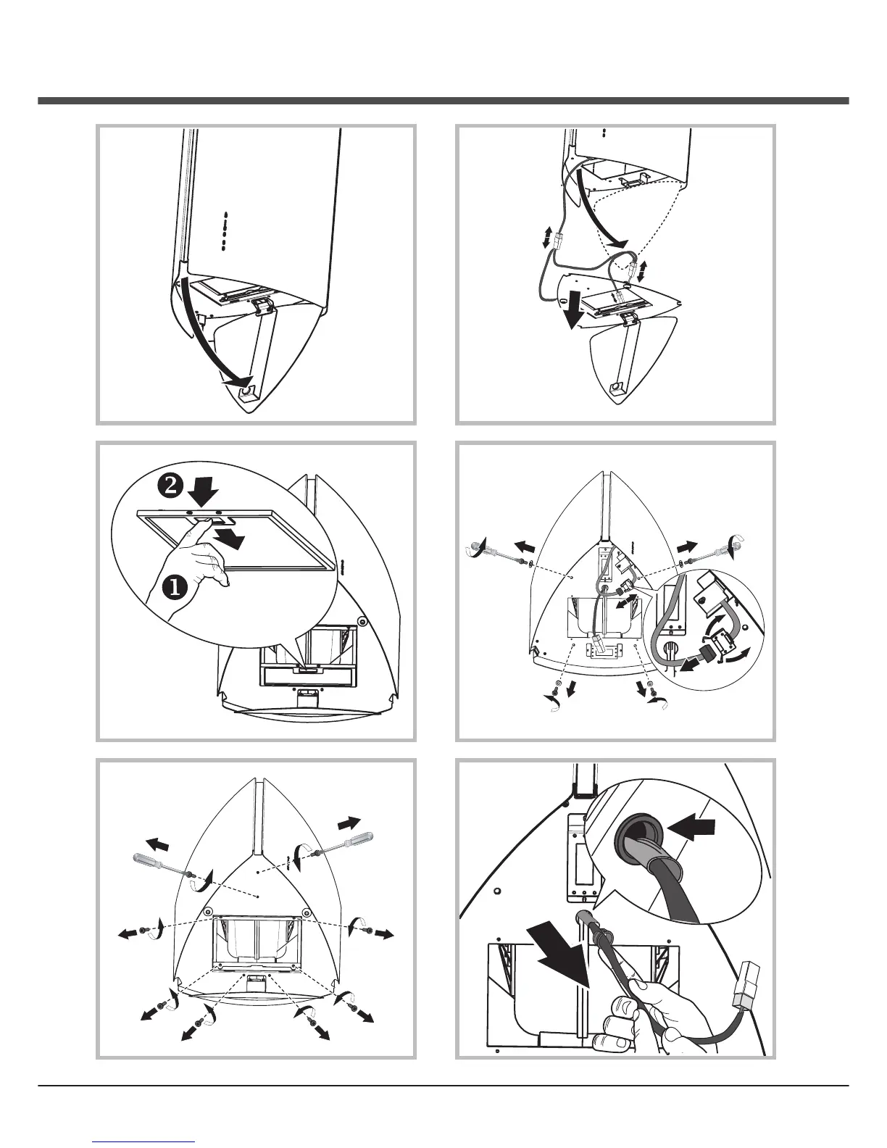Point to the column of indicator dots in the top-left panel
pyautogui.click(x=225, y=231)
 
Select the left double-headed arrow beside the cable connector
pyautogui.click(x=547, y=238)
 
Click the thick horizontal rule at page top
pyautogui.click(x=443, y=101)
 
